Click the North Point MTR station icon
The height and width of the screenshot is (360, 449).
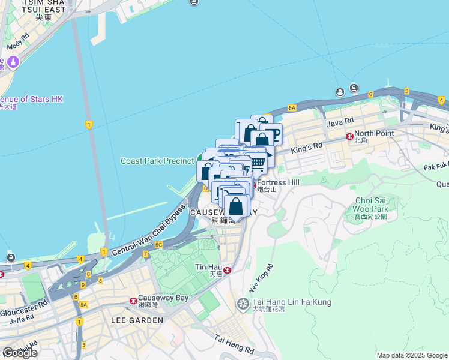[349, 137]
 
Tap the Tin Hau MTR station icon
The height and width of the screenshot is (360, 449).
[226, 270]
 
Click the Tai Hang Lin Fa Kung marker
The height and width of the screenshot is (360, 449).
[243, 304]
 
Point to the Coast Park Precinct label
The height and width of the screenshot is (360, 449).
[157, 161]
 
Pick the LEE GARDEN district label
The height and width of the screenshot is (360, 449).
[137, 320]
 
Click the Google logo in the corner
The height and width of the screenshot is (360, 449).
[20, 353]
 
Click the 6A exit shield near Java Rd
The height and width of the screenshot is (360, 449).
[292, 108]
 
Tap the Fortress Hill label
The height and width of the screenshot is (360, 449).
[277, 182]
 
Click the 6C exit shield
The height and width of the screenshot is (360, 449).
[158, 245]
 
